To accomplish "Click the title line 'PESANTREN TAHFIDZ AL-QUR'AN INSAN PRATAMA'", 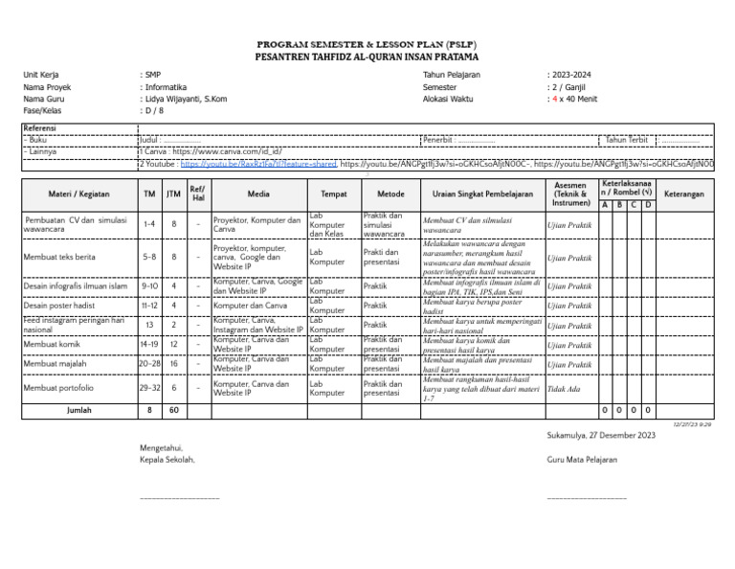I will pos(367,57).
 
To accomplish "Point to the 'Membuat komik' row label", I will pos(53,344).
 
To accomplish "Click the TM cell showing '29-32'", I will pos(149,388).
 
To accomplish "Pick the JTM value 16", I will pos(173,364).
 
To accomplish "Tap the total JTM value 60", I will pos(173,410).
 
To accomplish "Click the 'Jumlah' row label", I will pos(79,410).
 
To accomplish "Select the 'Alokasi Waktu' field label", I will pos(448,99).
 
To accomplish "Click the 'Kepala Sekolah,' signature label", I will pos(167,460).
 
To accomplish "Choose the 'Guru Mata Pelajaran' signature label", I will pos(582,460).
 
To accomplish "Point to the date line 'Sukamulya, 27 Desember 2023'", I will pos(601,436).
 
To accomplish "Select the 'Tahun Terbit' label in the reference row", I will pos(628,140).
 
